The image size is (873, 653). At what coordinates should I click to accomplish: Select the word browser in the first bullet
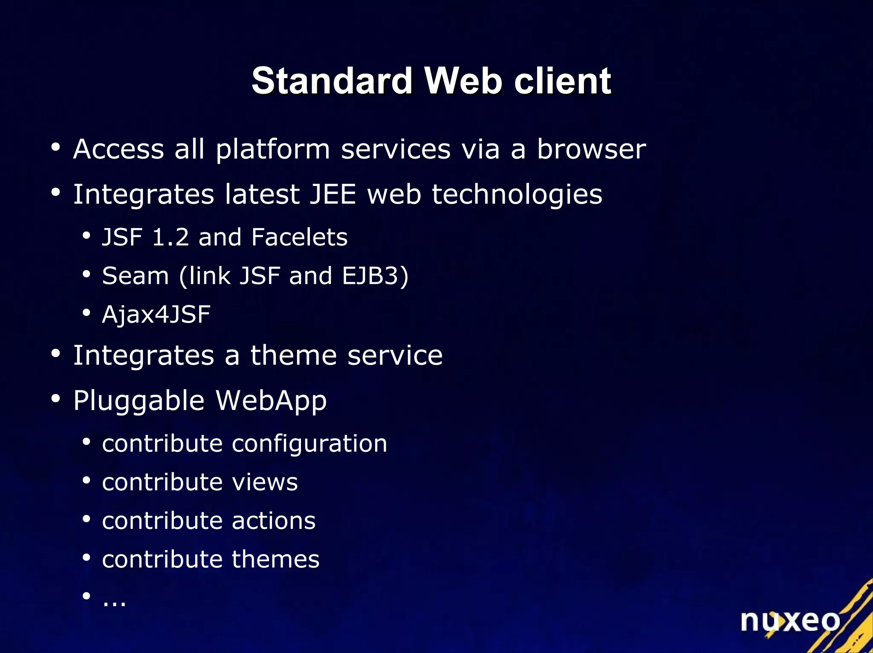[x=591, y=149]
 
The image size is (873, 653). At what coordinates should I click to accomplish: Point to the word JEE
[x=332, y=194]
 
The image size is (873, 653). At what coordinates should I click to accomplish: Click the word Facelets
[x=299, y=237]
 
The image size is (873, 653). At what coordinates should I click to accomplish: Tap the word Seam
[x=136, y=276]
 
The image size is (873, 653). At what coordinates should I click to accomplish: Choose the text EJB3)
[x=375, y=276]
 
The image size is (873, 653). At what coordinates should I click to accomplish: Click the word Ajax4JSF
[x=156, y=315]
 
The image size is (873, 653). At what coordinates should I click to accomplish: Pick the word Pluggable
[x=139, y=401]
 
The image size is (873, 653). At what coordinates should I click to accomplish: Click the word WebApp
[x=271, y=401]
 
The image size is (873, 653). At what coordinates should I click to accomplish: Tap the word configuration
[x=309, y=444]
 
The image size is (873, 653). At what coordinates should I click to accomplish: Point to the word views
[x=265, y=483]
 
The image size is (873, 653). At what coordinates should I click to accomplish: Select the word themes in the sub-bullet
[x=275, y=559]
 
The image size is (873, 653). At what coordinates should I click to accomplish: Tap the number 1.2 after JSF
[x=170, y=237]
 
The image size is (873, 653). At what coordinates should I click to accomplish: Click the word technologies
[x=517, y=194]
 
